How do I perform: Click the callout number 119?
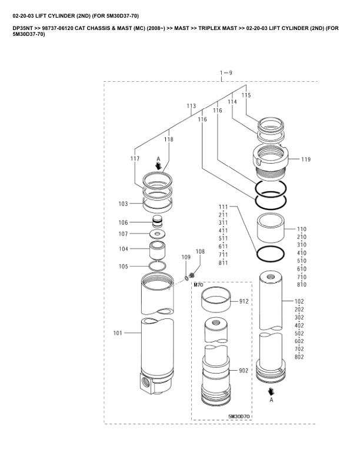pos(306,159)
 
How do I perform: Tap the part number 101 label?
pos(118,333)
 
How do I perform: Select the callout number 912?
pos(244,301)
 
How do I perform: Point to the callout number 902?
pos(244,370)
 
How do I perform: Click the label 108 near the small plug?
pos(200,251)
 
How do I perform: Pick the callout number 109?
pos(186,257)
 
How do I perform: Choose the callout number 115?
pos(246,95)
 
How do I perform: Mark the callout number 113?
pos(191,106)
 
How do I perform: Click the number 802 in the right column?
pos(299,357)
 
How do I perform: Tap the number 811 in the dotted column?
pos(223,263)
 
